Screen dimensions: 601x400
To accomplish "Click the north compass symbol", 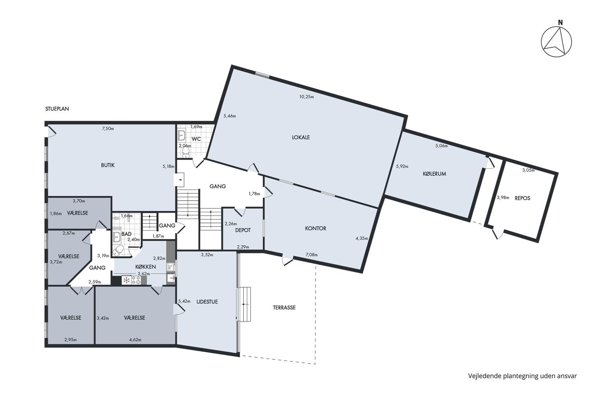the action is pyautogui.click(x=556, y=42).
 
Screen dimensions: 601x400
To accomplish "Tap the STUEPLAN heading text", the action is pyautogui.click(x=57, y=109).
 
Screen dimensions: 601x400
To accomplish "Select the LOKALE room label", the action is pyautogui.click(x=301, y=138).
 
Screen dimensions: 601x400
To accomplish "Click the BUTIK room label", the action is pyautogui.click(x=108, y=165).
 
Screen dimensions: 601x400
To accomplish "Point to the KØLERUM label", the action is pyautogui.click(x=434, y=174).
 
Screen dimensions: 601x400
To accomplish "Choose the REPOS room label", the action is pyautogui.click(x=522, y=198).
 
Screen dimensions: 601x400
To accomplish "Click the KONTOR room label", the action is pyautogui.click(x=316, y=229).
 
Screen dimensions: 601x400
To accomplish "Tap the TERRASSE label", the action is pyautogui.click(x=284, y=307).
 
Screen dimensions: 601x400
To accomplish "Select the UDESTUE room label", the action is pyautogui.click(x=207, y=302).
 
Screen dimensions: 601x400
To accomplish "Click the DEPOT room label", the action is pyautogui.click(x=243, y=230).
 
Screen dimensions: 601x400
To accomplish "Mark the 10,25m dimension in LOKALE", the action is pyautogui.click(x=307, y=97).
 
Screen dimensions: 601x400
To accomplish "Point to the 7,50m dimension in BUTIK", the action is pyautogui.click(x=108, y=129).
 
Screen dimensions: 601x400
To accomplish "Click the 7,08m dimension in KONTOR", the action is pyautogui.click(x=312, y=255).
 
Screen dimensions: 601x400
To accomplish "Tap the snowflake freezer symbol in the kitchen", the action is pyautogui.click(x=126, y=280).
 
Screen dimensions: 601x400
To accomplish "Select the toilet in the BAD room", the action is pyautogui.click(x=118, y=251).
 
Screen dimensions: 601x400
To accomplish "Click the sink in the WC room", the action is pyautogui.click(x=182, y=135).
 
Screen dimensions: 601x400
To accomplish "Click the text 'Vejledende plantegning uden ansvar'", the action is pyautogui.click(x=522, y=376).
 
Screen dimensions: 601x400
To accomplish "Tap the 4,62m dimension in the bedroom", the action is pyautogui.click(x=135, y=340).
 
